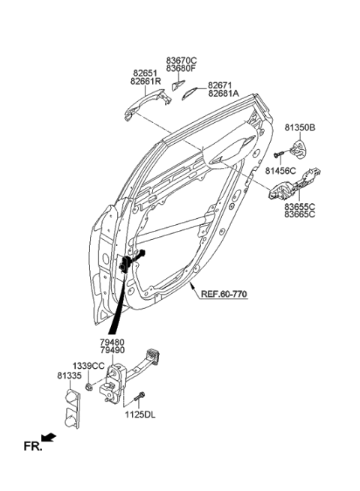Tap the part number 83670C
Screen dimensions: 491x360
(x=181, y=60)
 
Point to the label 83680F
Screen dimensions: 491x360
(x=181, y=68)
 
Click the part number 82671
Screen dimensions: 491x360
(x=221, y=85)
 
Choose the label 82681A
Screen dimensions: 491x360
(x=223, y=94)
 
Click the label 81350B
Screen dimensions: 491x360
(x=300, y=128)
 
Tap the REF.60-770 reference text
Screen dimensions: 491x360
(x=223, y=295)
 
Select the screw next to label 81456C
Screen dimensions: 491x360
(x=279, y=154)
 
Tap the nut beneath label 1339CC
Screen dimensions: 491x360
(x=89, y=387)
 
